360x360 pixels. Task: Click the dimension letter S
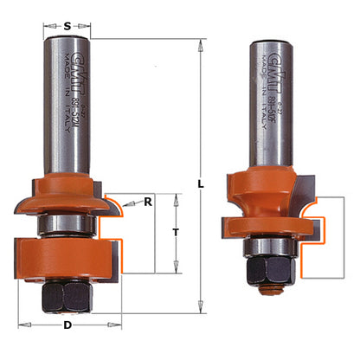68,26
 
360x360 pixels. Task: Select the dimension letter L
201,185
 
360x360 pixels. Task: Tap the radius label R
149,202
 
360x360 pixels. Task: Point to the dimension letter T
177,231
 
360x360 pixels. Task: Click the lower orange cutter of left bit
67,260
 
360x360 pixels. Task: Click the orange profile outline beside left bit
111,229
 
